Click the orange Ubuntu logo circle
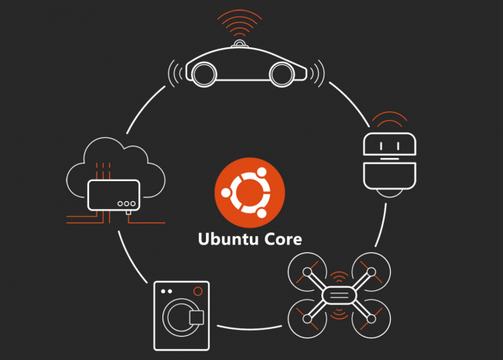(250, 193)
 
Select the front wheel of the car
(282, 74)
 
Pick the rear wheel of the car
(204, 74)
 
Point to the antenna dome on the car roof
(240, 43)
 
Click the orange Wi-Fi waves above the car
(240, 23)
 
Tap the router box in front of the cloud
(114, 195)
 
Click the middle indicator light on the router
(126, 204)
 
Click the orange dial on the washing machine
(198, 291)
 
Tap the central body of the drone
(339, 295)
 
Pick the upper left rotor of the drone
(307, 272)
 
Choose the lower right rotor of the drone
(371, 319)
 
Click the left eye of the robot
(381, 146)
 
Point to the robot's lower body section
(389, 177)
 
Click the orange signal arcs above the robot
(389, 119)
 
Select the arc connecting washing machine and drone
(250, 328)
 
